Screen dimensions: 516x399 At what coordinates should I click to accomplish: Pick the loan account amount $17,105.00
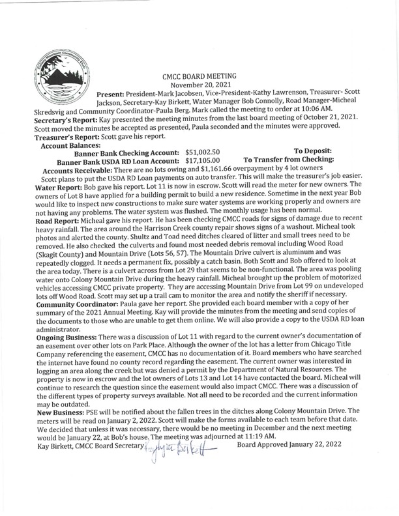[203, 159]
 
